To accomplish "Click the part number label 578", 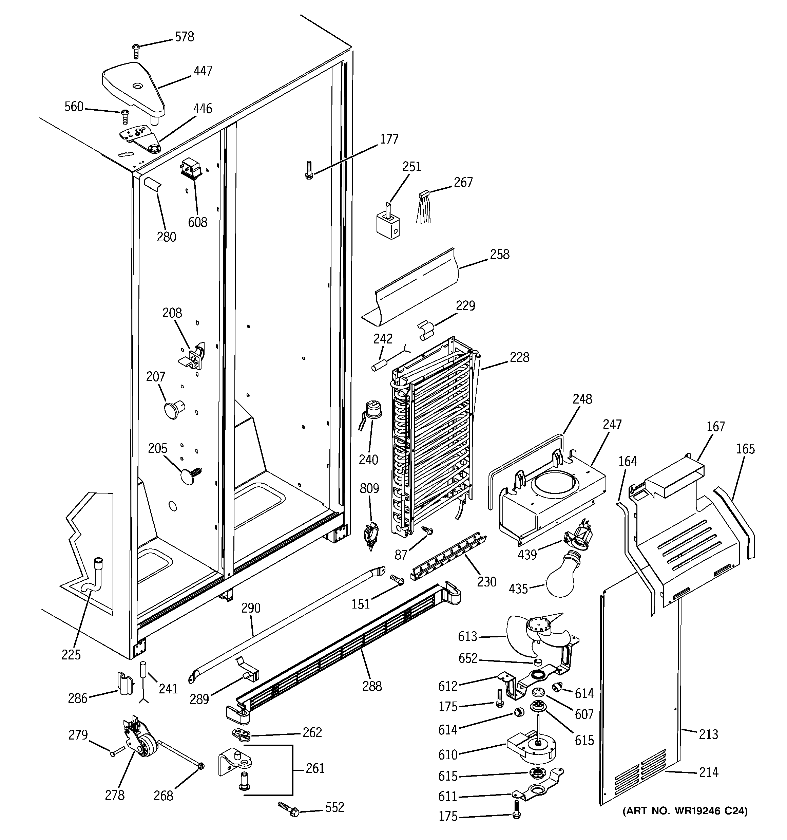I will [x=184, y=37].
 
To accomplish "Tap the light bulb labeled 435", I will [x=565, y=580].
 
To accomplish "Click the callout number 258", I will [x=500, y=254].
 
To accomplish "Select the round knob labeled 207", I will [x=173, y=409].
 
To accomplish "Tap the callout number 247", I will [x=612, y=424].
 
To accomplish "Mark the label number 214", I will [x=708, y=772].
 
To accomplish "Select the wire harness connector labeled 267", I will [x=424, y=195].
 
